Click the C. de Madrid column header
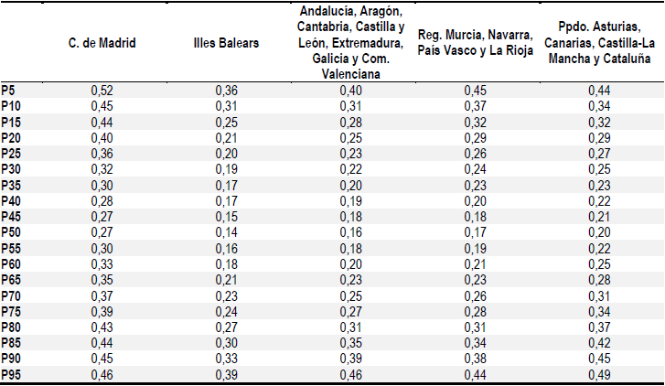pyautogui.click(x=102, y=44)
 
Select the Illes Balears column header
pyautogui.click(x=226, y=44)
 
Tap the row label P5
pyautogui.click(x=8, y=90)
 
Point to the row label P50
pyautogui.click(x=11, y=231)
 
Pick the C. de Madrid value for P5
pyautogui.click(x=102, y=90)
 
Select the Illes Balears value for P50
pyautogui.click(x=226, y=231)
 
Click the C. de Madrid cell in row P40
pyautogui.click(x=102, y=200)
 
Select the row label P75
pyautogui.click(x=11, y=311)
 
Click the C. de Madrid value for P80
pyautogui.click(x=102, y=327)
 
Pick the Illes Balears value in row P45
pyautogui.click(x=226, y=216)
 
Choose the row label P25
pyautogui.click(x=11, y=153)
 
